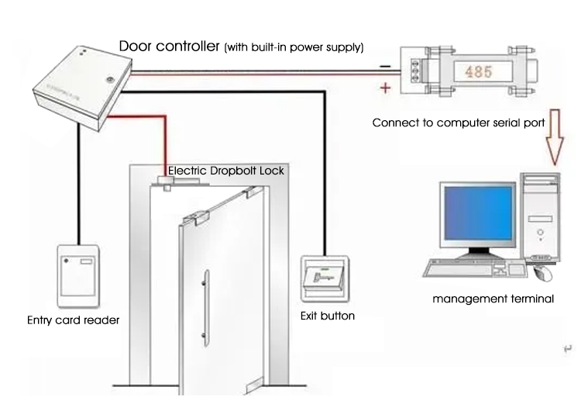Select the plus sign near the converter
click(x=385, y=88)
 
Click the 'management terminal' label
click(x=493, y=299)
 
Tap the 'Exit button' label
click(x=327, y=316)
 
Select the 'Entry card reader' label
click(x=73, y=320)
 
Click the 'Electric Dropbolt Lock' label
click(x=225, y=171)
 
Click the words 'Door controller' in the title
click(x=168, y=46)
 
